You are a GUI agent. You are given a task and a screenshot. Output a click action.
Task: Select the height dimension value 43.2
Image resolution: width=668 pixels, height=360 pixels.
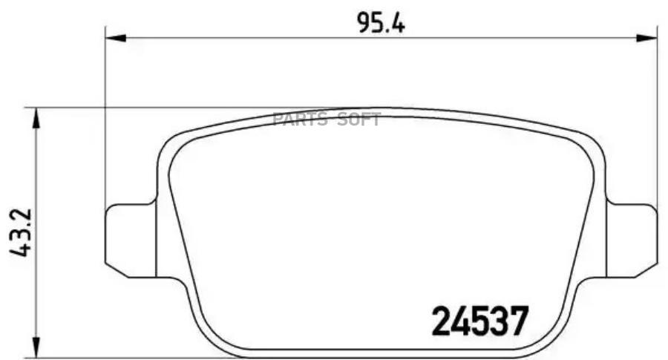pyautogui.click(x=20, y=232)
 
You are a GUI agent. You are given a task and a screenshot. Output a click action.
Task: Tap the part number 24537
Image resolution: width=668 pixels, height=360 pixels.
pyautogui.click(x=480, y=321)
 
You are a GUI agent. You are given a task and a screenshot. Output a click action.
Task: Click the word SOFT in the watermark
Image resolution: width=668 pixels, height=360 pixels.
pyautogui.click(x=359, y=120)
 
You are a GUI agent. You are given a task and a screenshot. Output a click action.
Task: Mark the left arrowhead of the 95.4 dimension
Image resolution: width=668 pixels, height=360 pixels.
pyautogui.click(x=113, y=36)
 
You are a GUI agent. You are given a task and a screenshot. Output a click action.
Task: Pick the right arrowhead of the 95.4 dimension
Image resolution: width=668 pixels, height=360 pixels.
pyautogui.click(x=650, y=36)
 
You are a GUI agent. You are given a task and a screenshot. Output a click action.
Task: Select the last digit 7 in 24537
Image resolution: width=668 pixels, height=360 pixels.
pyautogui.click(x=519, y=321)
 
